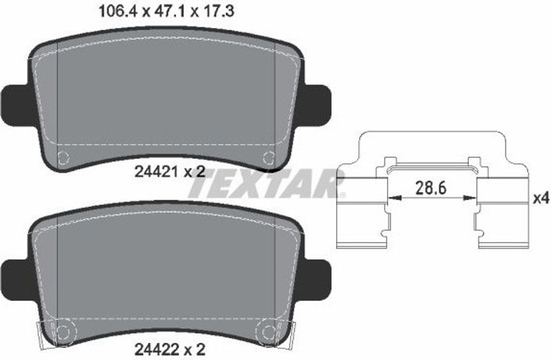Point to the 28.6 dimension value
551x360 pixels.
[431, 188]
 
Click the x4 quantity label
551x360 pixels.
[541, 199]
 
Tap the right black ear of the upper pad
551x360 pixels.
[317, 106]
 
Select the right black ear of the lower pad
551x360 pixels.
[317, 281]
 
